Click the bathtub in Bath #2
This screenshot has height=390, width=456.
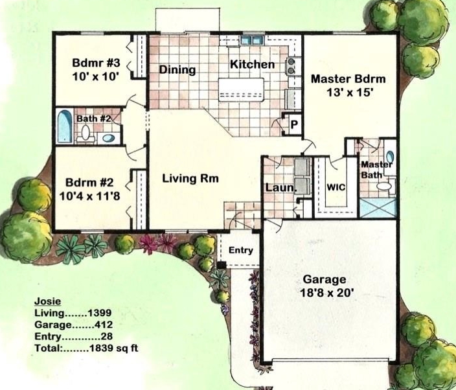65,126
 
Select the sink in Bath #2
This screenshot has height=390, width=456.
109,138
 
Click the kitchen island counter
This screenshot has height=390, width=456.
241,90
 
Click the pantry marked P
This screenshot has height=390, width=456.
294,125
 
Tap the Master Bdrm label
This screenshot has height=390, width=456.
348,79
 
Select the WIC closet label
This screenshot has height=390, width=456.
336,187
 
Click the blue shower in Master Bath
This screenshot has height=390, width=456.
378,208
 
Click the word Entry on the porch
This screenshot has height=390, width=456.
241,251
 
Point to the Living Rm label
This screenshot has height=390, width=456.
190,178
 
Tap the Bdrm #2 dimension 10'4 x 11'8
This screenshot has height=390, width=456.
89,196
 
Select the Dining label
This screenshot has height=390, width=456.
177,70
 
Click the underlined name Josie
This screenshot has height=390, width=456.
48,301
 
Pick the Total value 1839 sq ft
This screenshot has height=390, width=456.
114,348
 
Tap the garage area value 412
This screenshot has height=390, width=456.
104,325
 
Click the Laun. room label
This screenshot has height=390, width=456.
280,188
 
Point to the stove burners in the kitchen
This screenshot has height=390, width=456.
290,66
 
